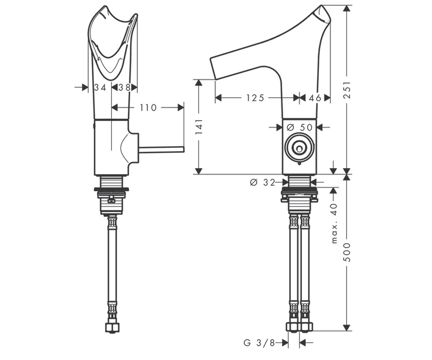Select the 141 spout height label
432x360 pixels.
click(x=199, y=127)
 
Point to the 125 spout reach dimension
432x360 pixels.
click(x=255, y=98)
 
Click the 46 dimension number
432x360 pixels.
click(x=315, y=98)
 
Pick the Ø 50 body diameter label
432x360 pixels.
click(x=300, y=127)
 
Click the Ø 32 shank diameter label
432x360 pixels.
click(x=262, y=182)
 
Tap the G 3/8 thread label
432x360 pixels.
click(x=259, y=343)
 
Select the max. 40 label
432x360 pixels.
click(x=334, y=223)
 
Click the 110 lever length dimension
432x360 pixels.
click(x=148, y=108)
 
